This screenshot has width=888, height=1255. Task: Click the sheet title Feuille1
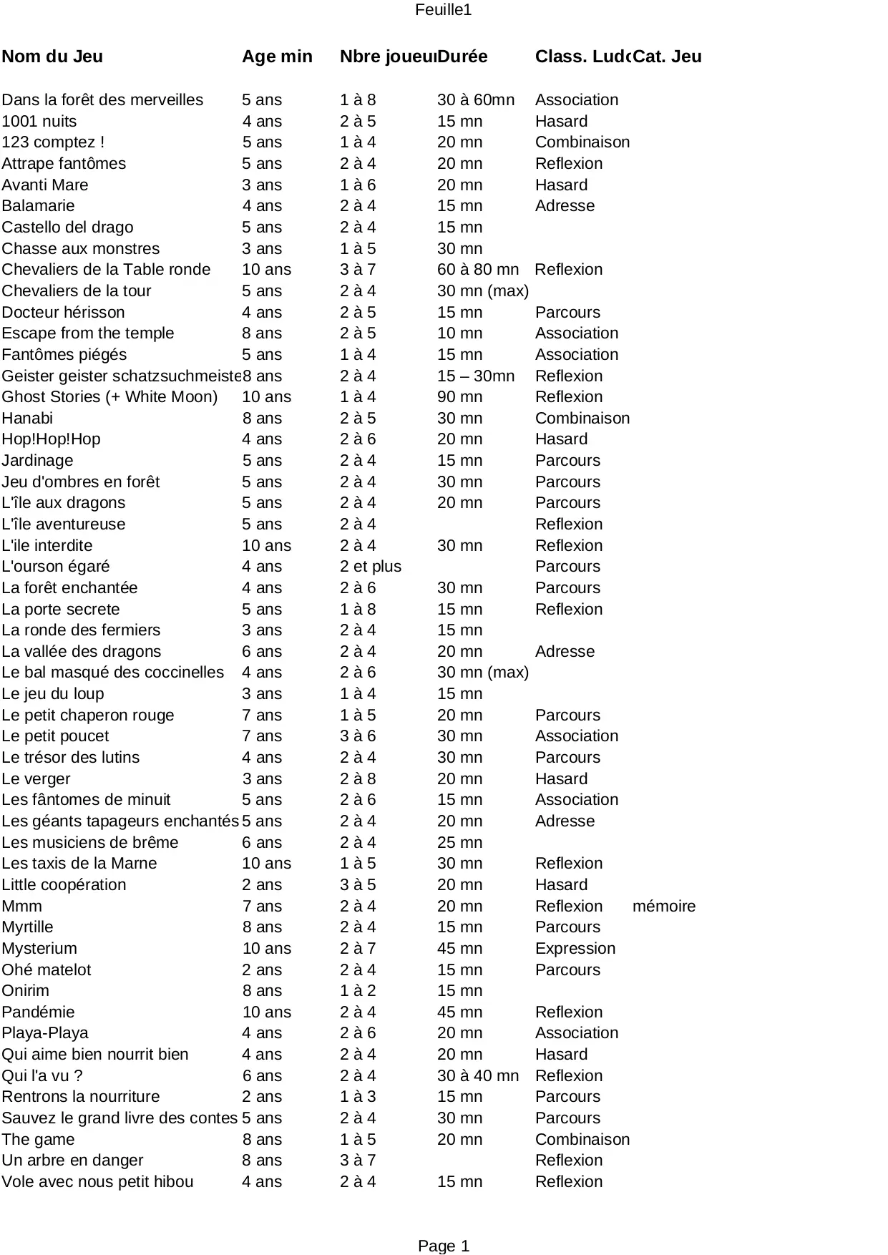point(443,10)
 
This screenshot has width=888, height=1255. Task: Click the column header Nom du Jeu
point(52,57)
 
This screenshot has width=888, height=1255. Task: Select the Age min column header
point(277,57)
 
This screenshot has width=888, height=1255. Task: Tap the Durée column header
point(462,57)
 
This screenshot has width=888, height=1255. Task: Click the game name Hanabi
point(27,418)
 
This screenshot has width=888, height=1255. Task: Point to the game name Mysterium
point(39,948)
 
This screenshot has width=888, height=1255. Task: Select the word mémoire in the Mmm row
point(663,906)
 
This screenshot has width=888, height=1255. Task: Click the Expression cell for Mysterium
point(575,948)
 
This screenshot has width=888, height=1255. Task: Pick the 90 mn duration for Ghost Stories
point(459,396)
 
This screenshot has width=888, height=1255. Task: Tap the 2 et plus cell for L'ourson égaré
point(370,566)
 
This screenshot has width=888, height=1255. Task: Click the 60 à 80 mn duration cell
point(477,269)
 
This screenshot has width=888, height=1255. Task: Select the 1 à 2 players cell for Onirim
point(357,990)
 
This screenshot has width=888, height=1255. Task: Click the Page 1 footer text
point(443,1246)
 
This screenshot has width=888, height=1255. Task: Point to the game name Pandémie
point(38,1012)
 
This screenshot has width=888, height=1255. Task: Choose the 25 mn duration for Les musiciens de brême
point(459,842)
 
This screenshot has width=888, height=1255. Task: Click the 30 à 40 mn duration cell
point(477,1075)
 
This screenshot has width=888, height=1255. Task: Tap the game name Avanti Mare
point(45,185)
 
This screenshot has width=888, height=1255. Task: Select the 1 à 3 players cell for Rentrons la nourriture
point(357,1096)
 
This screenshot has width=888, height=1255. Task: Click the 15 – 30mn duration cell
point(475,376)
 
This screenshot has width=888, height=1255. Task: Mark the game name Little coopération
point(64,884)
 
